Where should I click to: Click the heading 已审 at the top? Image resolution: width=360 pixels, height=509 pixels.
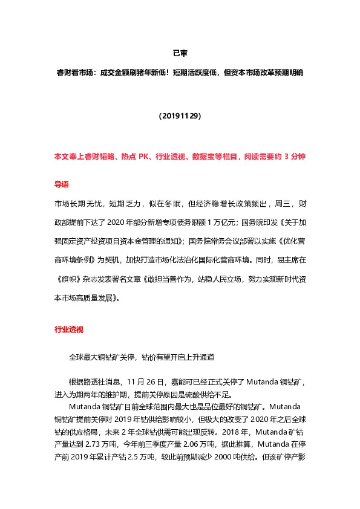(x=180, y=53)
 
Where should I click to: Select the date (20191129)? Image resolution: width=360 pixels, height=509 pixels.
(x=180, y=115)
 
